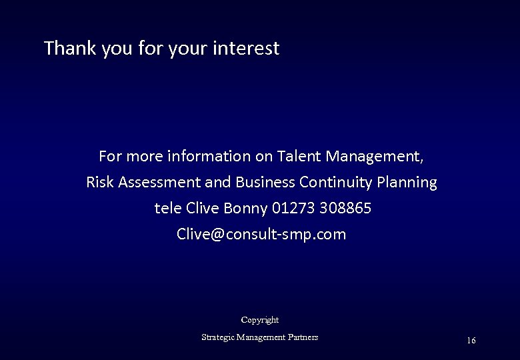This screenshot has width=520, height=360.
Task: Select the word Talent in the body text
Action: click(299, 157)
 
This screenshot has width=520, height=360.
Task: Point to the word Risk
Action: click(99, 182)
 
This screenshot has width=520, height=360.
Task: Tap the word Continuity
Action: click(336, 182)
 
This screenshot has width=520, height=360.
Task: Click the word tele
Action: click(168, 209)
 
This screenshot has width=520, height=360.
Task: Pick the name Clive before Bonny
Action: click(203, 209)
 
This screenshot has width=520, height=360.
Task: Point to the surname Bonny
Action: click(246, 209)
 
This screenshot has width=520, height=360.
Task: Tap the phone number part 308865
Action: click(345, 209)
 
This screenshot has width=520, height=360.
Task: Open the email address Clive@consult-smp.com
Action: click(261, 235)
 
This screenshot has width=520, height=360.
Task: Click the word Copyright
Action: click(260, 320)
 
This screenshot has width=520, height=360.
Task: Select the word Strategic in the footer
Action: click(217, 337)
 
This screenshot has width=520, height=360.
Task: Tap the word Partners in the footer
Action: click(303, 337)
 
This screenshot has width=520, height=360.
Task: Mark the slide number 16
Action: click(471, 341)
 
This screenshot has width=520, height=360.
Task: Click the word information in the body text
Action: click(210, 157)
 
